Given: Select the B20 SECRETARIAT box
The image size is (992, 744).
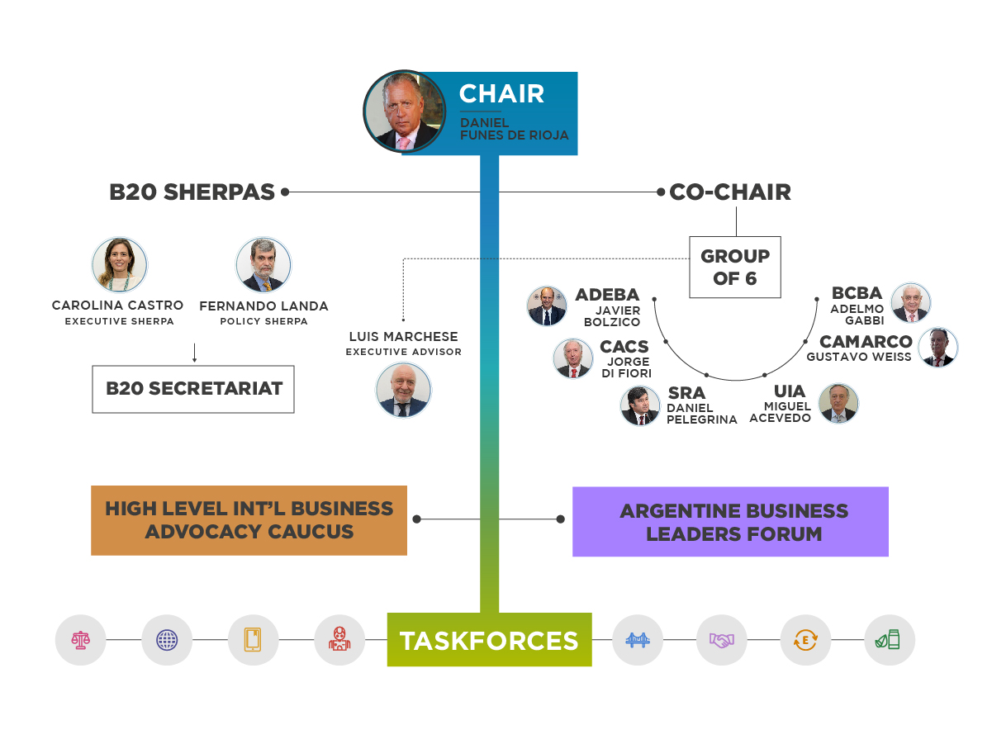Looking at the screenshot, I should click(193, 389).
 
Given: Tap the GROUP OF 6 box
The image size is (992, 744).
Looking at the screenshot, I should click(735, 267).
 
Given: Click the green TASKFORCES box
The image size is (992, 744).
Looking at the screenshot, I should click(489, 640).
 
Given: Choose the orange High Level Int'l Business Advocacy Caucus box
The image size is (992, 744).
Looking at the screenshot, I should click(249, 520).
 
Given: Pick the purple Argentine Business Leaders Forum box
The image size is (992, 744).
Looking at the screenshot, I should click(730, 521).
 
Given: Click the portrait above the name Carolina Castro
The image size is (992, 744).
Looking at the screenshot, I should click(120, 265).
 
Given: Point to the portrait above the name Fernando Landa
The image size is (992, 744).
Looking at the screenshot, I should click(263, 265).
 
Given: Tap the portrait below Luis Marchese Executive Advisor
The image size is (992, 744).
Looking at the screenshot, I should click(404, 391).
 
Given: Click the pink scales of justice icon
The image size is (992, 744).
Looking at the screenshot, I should click(81, 640).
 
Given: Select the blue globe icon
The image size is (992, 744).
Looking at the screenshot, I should click(167, 640).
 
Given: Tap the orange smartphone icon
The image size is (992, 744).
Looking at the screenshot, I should click(253, 640).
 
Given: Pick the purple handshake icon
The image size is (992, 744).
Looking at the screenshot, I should click(721, 640).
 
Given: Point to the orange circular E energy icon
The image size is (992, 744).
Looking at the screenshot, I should click(805, 640).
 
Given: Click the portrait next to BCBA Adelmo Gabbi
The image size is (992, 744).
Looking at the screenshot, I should click(910, 303).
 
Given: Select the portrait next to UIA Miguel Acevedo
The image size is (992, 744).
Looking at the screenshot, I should click(838, 403).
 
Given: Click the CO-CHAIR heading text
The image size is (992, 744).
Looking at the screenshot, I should click(730, 192).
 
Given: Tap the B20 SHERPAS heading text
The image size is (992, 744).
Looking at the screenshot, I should click(192, 192).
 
